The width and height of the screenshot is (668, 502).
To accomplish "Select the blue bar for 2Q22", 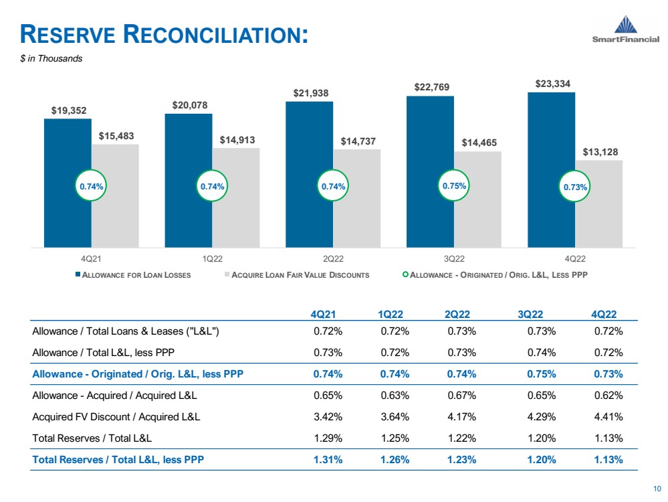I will pos(309,174).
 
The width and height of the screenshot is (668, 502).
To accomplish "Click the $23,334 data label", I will pos(552,84).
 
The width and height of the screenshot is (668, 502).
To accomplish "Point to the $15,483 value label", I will pos(116,136).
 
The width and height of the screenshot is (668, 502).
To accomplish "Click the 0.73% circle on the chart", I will pos(575,187).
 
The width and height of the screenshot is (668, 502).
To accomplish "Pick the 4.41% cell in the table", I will pos(608,417).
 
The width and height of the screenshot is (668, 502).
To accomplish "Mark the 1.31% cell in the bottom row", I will pos(328,460).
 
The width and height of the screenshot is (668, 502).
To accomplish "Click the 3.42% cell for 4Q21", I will pos(328,417).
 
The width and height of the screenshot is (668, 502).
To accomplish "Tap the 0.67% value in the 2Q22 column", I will pos(461,396).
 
